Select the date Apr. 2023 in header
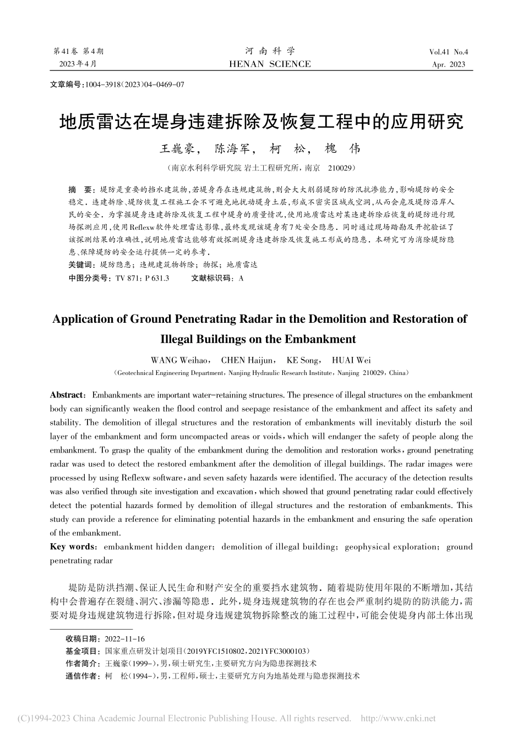pos(449,65)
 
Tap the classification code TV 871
pos(127,279)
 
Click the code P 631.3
pos(156,279)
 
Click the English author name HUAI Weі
pos(351,361)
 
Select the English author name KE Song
pos(303,361)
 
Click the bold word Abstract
pos(66,395)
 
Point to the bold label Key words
pos(72,547)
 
